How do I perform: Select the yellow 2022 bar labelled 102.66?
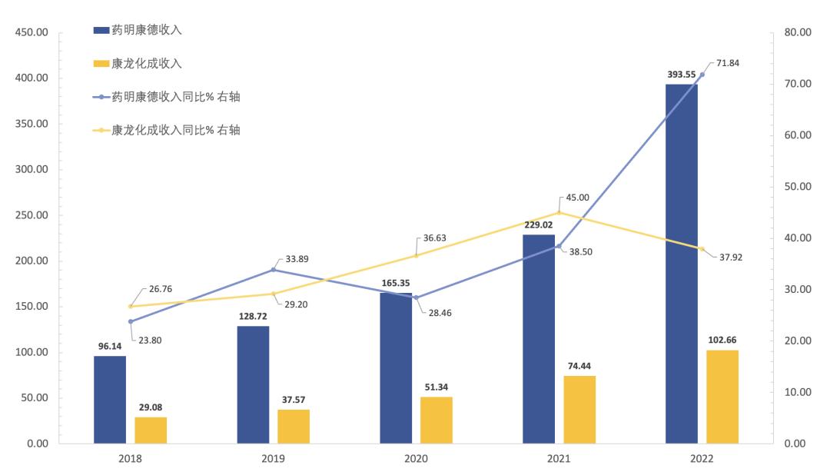pos(722,397)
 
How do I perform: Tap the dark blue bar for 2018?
pos(110,400)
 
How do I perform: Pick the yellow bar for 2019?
pos(294,427)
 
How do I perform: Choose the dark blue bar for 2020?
pos(396,368)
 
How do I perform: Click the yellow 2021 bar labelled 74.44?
pos(579,410)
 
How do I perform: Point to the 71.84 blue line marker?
pos(702,75)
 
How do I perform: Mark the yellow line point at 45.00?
pos(559,212)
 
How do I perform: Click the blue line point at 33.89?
pos(274,269)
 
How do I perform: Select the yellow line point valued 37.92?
pos(702,248)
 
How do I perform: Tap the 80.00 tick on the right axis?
pos(799,32)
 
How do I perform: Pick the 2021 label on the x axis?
pos(559,458)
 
